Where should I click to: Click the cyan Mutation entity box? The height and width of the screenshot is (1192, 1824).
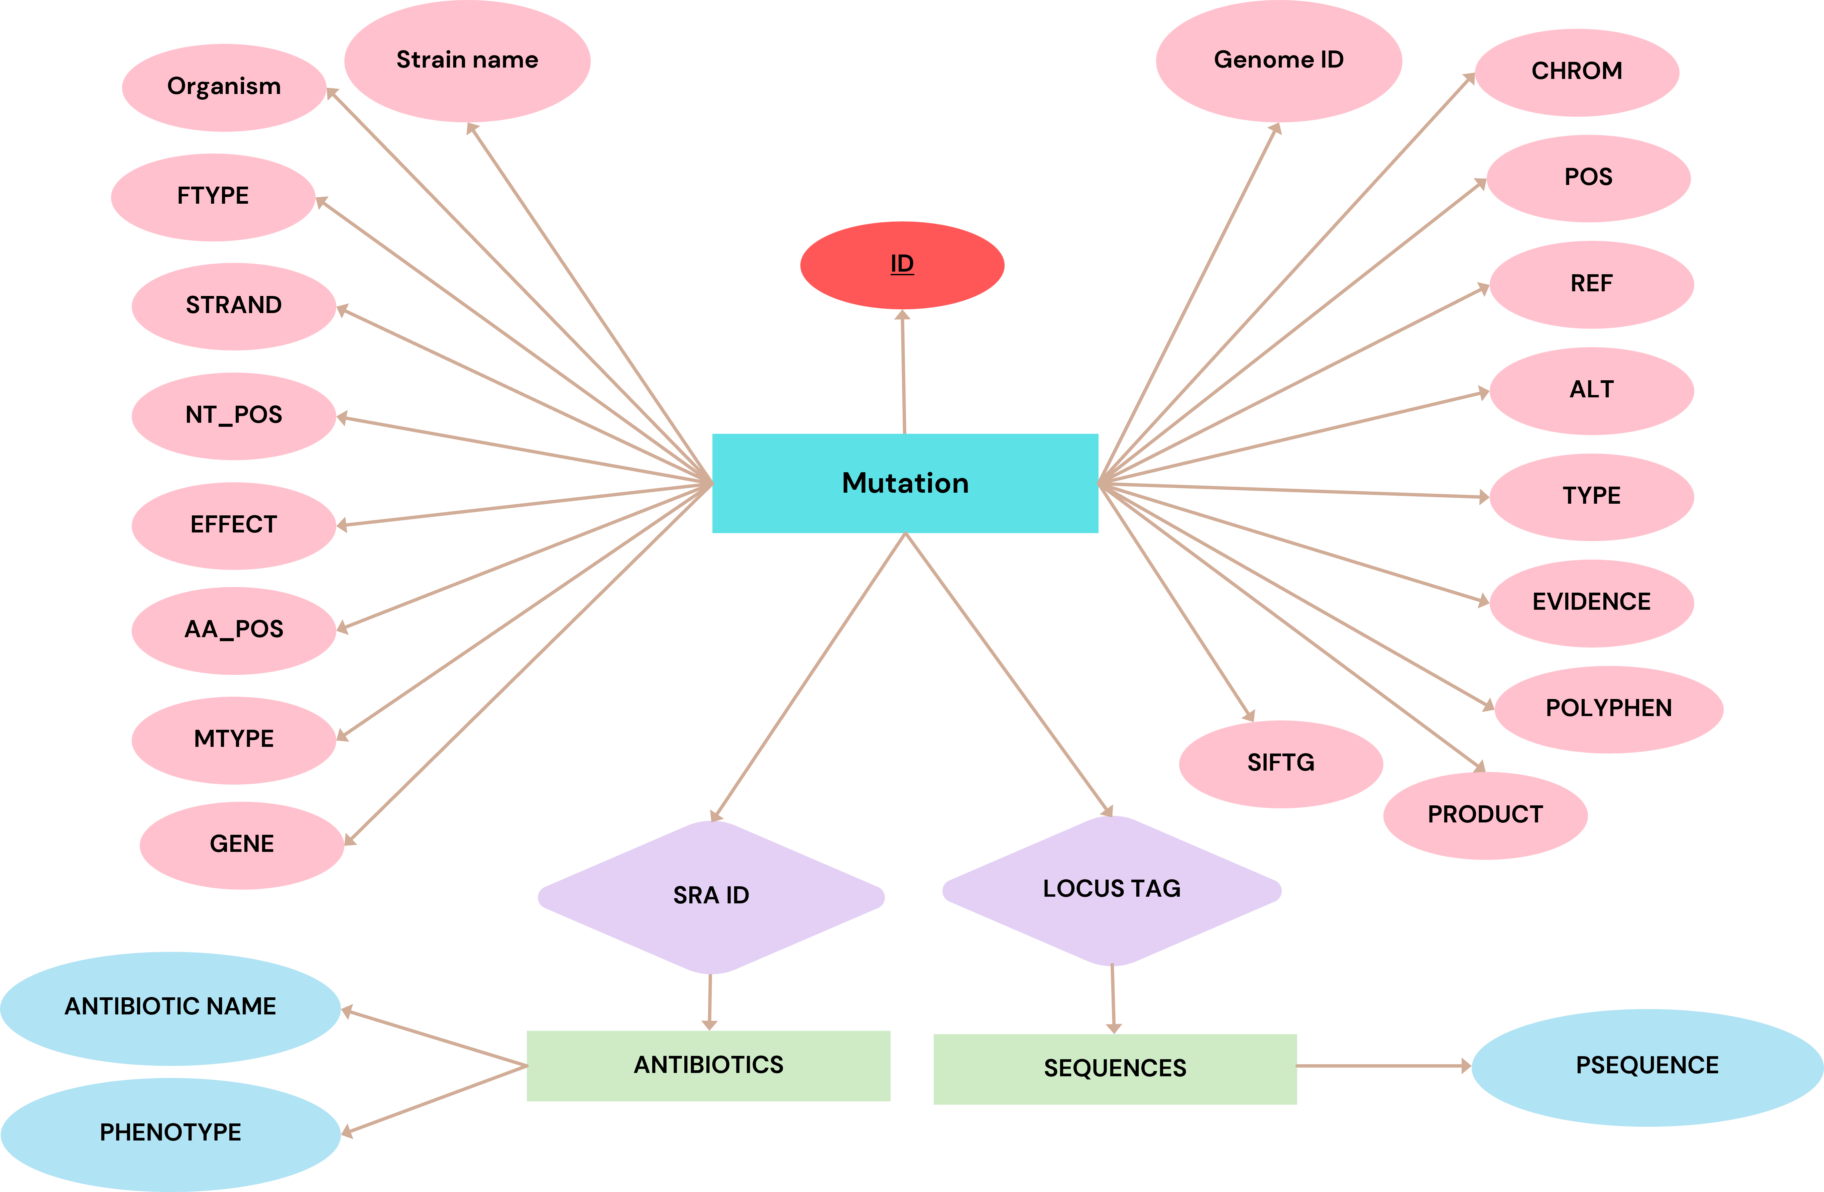coord(905,483)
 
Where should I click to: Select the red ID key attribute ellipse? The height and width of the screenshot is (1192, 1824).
coord(902,265)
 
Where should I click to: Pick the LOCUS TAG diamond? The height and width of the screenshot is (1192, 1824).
coord(1111,889)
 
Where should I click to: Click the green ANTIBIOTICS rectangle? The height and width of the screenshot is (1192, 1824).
coord(708,1066)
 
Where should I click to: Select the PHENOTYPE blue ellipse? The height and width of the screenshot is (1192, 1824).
coord(170,1133)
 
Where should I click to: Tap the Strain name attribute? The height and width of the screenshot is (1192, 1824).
coord(467,61)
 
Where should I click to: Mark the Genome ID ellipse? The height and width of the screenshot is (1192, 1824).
coord(1278,61)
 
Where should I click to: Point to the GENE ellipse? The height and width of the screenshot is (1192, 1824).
coord(241,845)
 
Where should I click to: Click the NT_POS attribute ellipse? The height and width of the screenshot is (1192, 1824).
coord(234,415)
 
